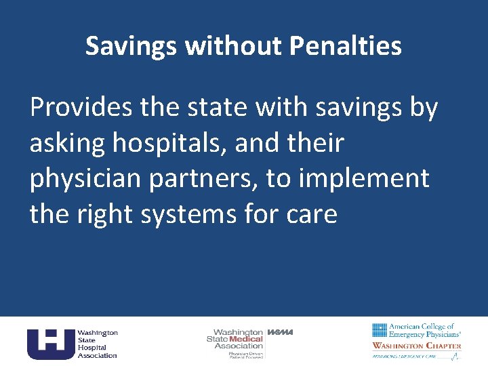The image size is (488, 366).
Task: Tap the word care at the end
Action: click(311, 214)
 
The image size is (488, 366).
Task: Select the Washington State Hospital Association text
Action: click(97, 344)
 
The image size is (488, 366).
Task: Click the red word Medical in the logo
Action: click(246, 339)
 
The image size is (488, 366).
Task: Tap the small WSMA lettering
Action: click(280, 332)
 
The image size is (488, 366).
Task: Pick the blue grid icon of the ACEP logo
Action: click(380, 330)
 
